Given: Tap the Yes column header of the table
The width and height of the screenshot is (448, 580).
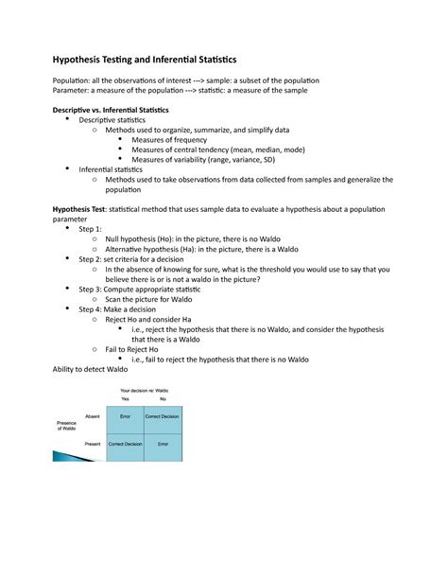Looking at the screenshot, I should (x=125, y=399).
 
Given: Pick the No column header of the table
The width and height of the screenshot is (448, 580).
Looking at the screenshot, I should (x=163, y=399).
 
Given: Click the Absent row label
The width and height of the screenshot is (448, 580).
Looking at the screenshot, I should (x=93, y=416).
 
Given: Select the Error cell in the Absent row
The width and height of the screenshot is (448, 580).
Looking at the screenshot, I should (x=125, y=416).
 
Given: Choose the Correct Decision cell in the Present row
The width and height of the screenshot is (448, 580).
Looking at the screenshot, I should (x=125, y=443).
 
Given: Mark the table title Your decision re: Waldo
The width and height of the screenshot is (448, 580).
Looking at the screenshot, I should (x=144, y=390).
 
